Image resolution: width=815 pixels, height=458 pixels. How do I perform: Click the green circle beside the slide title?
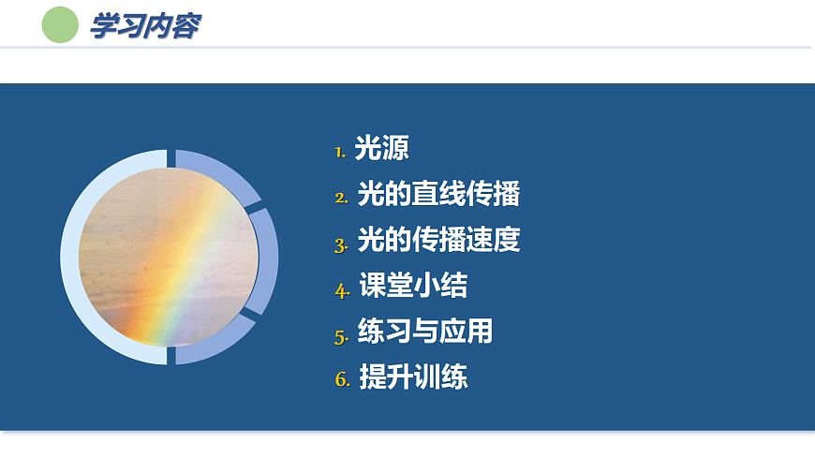(61, 25)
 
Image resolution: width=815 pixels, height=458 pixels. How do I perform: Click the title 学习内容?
(144, 26)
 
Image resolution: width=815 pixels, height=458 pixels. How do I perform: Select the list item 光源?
(381, 148)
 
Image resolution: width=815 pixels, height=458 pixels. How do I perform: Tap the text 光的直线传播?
(438, 195)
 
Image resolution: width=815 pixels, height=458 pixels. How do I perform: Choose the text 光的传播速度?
(438, 240)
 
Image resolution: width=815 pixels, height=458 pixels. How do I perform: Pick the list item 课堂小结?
(413, 286)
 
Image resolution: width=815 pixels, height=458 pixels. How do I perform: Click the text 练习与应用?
(425, 331)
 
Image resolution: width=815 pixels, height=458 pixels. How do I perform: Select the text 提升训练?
(413, 377)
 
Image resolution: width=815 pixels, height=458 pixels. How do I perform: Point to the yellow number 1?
(339, 151)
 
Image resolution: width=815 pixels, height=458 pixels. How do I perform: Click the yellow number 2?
(341, 198)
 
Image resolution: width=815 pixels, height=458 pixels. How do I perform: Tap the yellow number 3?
(341, 244)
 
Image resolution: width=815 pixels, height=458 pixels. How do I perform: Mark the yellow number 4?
(342, 289)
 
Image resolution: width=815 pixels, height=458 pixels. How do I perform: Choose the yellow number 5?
(341, 334)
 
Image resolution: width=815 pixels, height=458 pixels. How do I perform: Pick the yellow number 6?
(342, 380)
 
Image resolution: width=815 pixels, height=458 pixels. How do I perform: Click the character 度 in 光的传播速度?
(507, 240)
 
